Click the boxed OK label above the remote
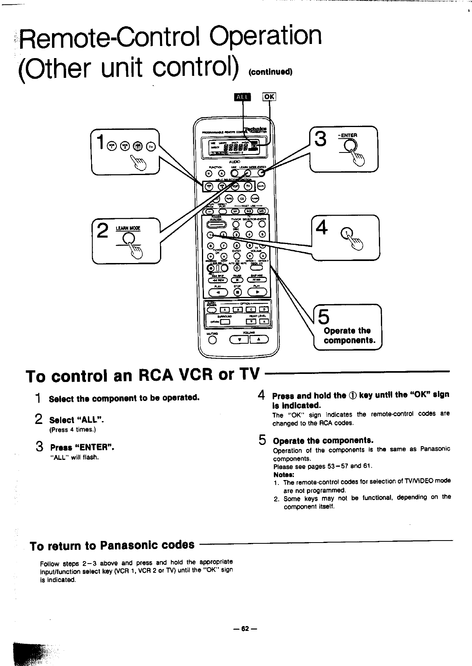click(x=269, y=97)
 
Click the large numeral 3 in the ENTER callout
click(x=321, y=140)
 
